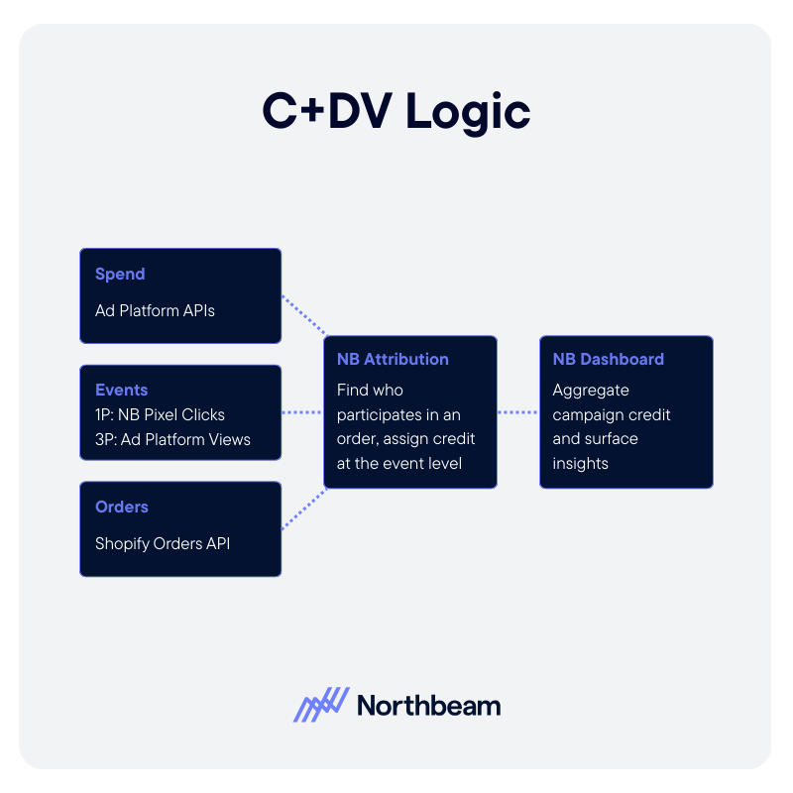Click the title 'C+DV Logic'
[396, 111]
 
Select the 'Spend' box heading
[120, 274]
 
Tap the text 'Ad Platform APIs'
[155, 310]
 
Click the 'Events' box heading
[121, 390]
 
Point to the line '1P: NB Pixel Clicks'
[160, 414]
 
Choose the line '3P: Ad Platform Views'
[172, 439]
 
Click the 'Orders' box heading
[122, 507]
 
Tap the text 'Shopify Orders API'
[163, 543]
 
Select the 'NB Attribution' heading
[393, 359]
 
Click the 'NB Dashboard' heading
[608, 359]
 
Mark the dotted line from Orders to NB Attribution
[303, 508]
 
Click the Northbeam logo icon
[321, 705]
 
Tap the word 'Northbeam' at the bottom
[428, 706]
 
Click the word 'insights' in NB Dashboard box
[581, 463]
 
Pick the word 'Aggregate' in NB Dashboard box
[591, 390]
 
